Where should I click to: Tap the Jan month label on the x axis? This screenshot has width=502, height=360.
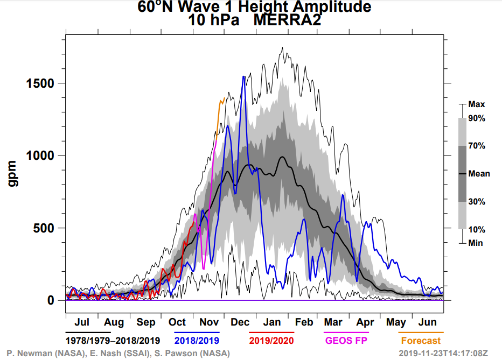pos(271,322)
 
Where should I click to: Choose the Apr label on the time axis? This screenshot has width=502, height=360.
pos(365,322)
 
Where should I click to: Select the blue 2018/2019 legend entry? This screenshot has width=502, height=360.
pos(200,341)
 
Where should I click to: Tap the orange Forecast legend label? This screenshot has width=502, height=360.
pos(421,341)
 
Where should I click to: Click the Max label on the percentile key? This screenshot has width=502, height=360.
pos(477,104)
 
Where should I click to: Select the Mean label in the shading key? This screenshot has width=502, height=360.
pos(479,174)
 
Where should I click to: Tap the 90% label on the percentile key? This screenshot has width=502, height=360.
pos(477,118)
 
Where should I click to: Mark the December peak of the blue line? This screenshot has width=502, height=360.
pos(244,77)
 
